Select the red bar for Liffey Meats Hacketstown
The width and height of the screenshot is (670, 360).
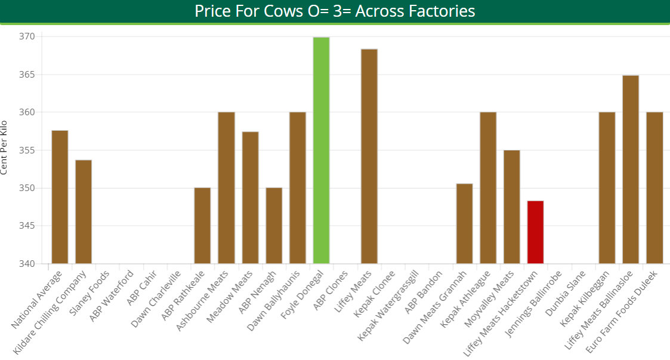535,232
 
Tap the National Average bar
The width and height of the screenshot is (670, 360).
60,197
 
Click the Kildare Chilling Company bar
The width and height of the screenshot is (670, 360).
84,212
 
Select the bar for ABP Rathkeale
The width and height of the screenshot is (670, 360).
202,226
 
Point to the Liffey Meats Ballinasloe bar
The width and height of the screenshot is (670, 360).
631,170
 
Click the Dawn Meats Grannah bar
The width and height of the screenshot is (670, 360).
464,224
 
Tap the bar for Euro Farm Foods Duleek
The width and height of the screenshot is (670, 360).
654,188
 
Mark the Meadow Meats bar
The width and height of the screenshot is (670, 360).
250,198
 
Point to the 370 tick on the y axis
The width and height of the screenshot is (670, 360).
27,37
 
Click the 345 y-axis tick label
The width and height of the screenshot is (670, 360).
27,226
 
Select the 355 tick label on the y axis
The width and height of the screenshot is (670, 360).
27,150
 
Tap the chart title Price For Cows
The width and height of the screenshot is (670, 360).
335,11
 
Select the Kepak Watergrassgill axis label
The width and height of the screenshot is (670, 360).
388,304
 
